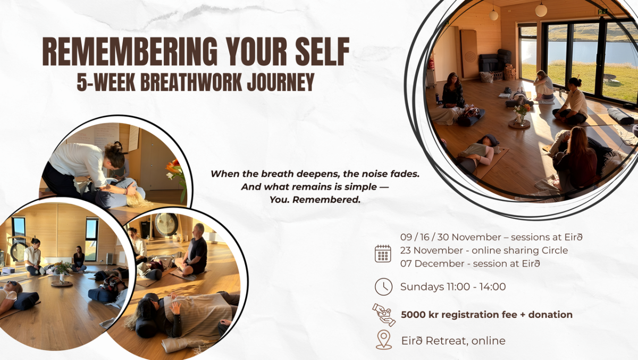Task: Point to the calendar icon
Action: point(383,253)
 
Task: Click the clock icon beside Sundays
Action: point(383,287)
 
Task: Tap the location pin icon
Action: point(383,340)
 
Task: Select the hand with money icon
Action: point(383,314)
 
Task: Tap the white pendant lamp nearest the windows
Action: point(541,10)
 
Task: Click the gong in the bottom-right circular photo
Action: point(166,224)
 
